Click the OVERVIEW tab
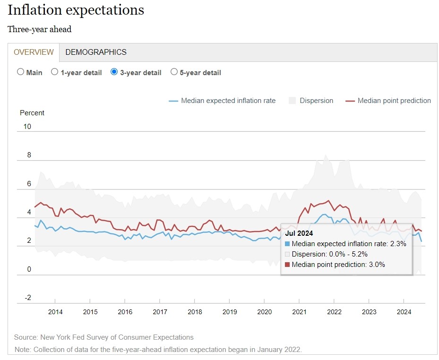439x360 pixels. coord(34,52)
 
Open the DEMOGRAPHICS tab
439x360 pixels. coord(96,52)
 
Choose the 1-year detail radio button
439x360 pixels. coord(55,72)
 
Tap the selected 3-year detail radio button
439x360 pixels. coord(114,72)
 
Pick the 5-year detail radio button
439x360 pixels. coord(174,72)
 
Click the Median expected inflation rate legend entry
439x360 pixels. coord(228,101)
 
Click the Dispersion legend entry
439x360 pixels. coord(316,101)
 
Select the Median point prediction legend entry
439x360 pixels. coord(394,101)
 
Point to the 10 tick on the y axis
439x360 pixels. coord(27,127)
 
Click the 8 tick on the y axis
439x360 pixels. coord(29,155)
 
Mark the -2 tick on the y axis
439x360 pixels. coord(27,298)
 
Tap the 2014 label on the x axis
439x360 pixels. coord(55,312)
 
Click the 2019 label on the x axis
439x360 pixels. coord(230,312)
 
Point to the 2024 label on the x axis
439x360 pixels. coord(404,312)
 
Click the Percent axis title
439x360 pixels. coord(32,113)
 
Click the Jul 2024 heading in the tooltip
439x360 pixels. coord(299,233)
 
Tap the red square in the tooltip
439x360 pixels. coord(288,265)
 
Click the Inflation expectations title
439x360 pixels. coord(76,10)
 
